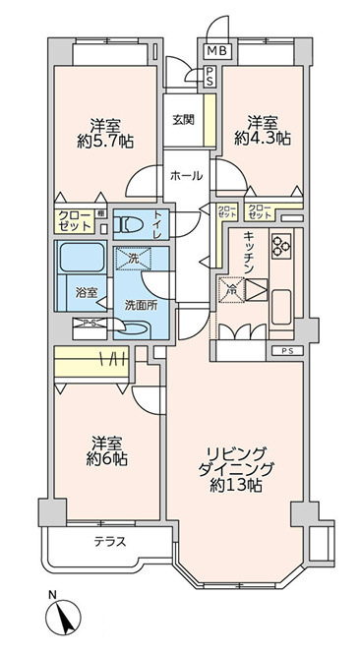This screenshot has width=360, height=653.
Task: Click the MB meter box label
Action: tap(214, 51)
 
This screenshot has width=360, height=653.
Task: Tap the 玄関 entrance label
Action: tap(184, 120)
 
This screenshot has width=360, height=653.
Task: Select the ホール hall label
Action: tap(187, 176)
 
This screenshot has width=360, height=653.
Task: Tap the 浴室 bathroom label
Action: tap(86, 292)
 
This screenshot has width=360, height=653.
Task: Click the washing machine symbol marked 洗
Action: tap(135, 260)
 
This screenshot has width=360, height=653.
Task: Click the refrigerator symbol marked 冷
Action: tap(228, 290)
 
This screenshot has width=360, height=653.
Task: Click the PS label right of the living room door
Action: tap(286, 351)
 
